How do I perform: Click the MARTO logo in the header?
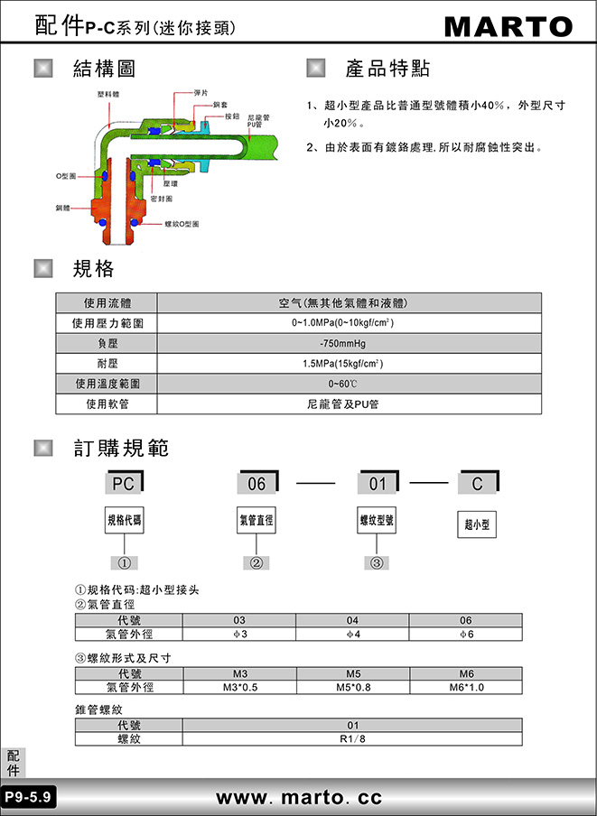coord(508,26)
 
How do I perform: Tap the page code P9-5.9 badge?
coord(29,796)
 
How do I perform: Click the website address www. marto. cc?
coord(299,797)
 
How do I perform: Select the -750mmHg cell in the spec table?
coord(350,344)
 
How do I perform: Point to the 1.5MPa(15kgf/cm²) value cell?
coord(350,363)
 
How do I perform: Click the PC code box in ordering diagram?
coord(124,483)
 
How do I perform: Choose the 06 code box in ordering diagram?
coord(257,483)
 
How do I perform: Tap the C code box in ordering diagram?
coord(479,483)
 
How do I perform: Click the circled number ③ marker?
coord(377,562)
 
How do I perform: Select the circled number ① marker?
coord(124,562)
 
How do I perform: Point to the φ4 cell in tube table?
coord(352,634)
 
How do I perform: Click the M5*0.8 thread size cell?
coord(353,687)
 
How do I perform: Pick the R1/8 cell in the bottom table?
coord(352,739)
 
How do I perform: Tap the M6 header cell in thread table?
coord(466,673)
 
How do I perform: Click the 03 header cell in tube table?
coord(239,620)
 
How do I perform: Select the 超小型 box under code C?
coord(477,524)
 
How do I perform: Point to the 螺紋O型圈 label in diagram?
coord(182,224)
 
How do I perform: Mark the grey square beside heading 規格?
coord(43,268)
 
